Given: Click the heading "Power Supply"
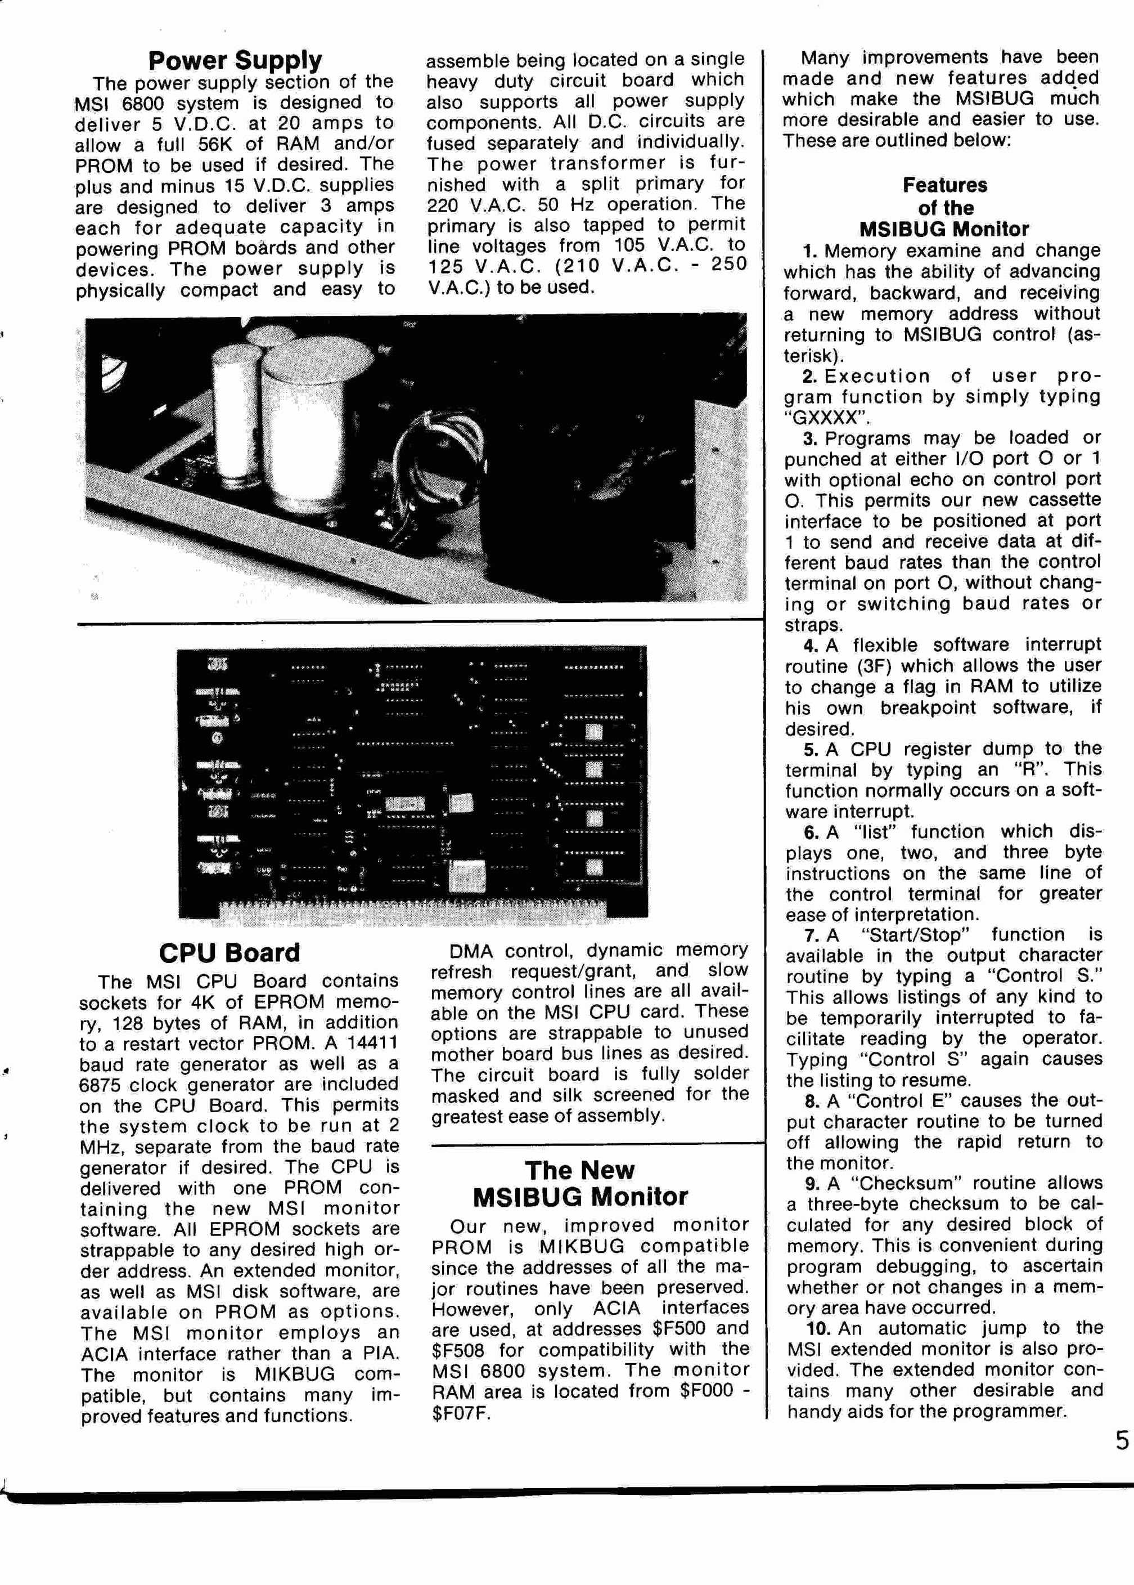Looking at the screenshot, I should pyautogui.click(x=235, y=61).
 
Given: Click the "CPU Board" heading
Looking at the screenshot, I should pyautogui.click(x=229, y=953).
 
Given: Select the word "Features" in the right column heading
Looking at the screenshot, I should pyautogui.click(x=945, y=185).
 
